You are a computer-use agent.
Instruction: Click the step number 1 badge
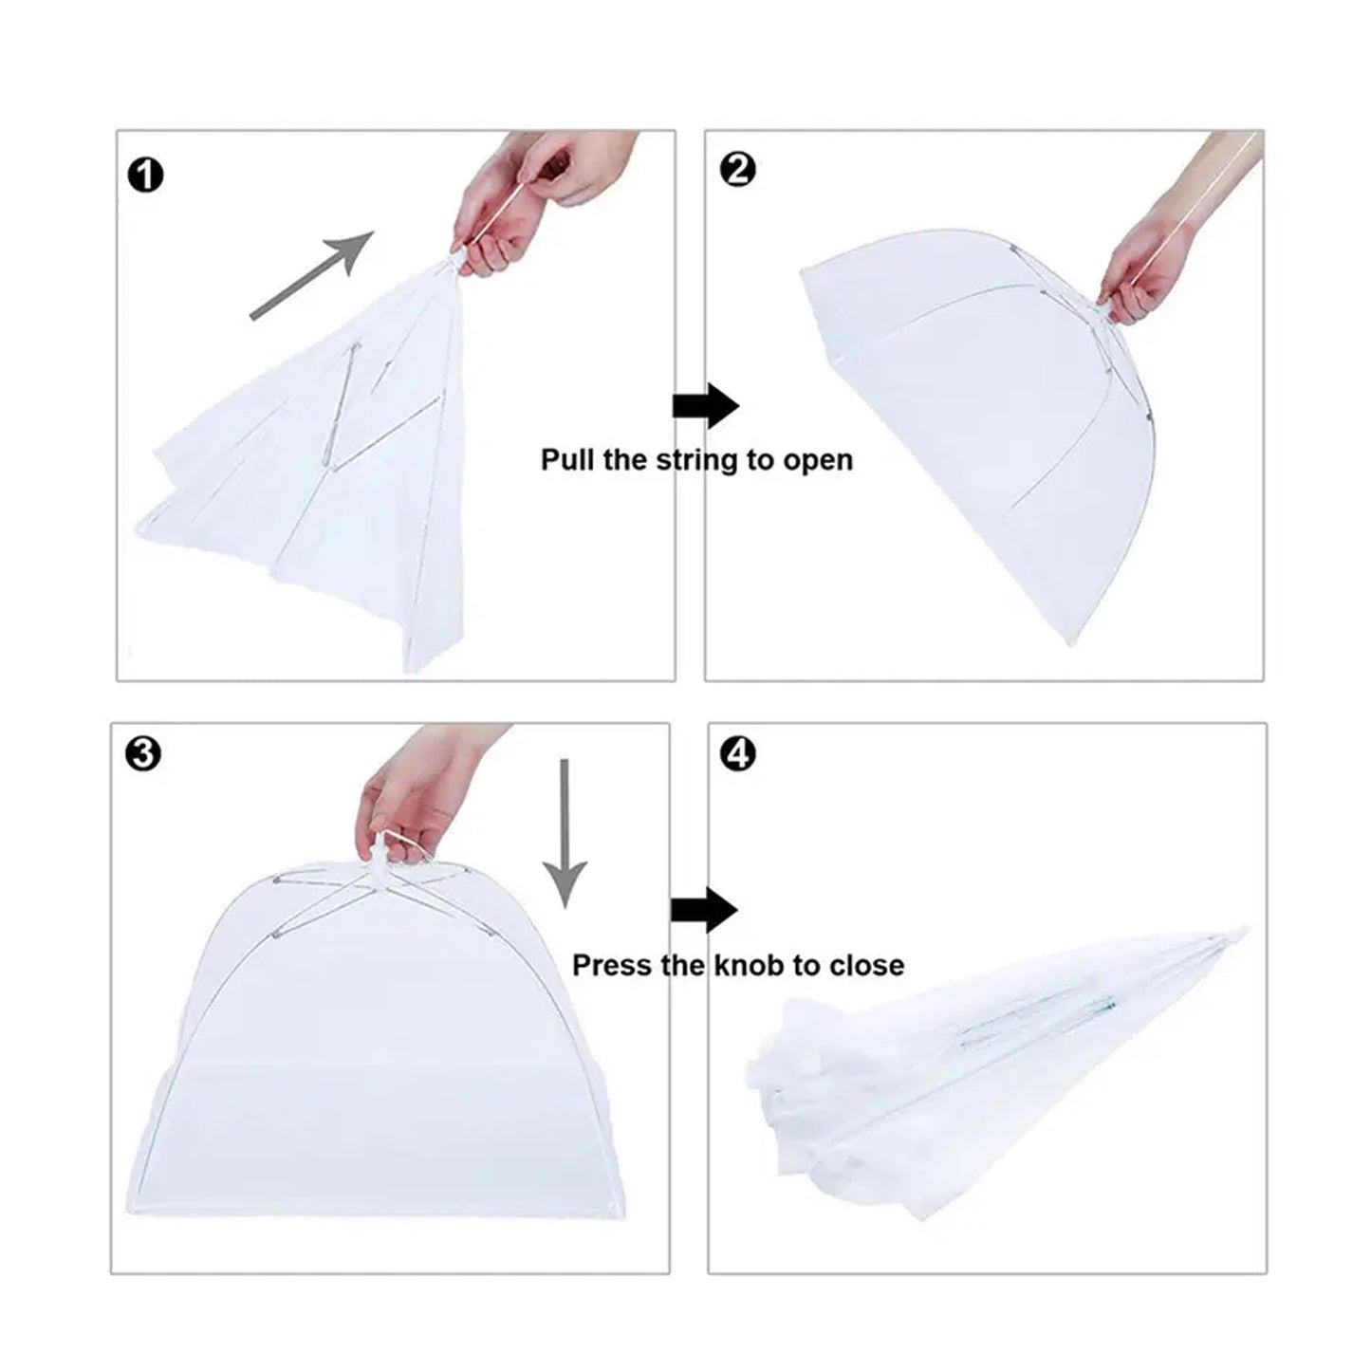[145, 176]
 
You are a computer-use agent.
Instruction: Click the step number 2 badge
[738, 170]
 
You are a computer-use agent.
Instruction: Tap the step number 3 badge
[143, 754]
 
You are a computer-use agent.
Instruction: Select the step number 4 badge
[738, 754]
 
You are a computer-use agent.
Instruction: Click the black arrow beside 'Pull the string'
[705, 407]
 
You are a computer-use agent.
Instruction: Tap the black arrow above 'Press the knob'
[703, 912]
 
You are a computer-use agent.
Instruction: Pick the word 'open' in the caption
[817, 461]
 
